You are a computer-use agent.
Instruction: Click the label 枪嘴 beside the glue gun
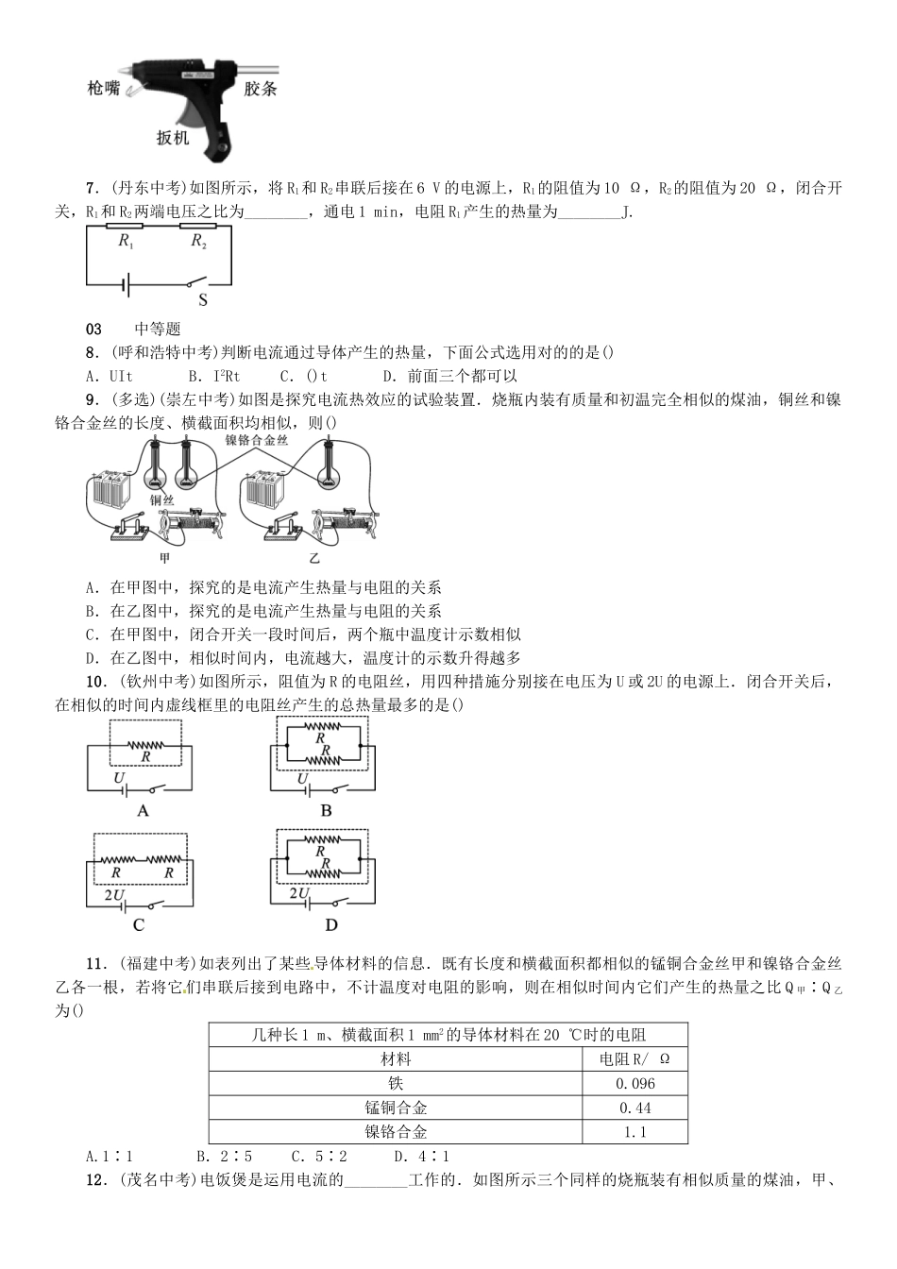[103, 88]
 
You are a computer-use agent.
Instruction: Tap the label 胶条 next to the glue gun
[260, 89]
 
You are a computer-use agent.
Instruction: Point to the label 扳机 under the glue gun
[173, 138]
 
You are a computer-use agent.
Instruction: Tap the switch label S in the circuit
[202, 300]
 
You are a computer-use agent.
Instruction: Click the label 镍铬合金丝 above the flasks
[257, 440]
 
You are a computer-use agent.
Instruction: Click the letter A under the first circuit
[144, 810]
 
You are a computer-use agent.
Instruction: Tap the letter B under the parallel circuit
[326, 810]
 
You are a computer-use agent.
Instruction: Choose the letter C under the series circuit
[139, 925]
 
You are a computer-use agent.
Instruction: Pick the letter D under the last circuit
[331, 925]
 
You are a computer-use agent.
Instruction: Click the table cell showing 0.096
[635, 1084]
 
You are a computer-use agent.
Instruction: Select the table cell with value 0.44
[635, 1108]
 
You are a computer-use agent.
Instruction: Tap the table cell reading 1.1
[635, 1132]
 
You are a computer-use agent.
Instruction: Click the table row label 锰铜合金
[396, 1108]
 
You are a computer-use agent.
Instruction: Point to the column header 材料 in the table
[396, 1059]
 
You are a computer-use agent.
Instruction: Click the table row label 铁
[396, 1084]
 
